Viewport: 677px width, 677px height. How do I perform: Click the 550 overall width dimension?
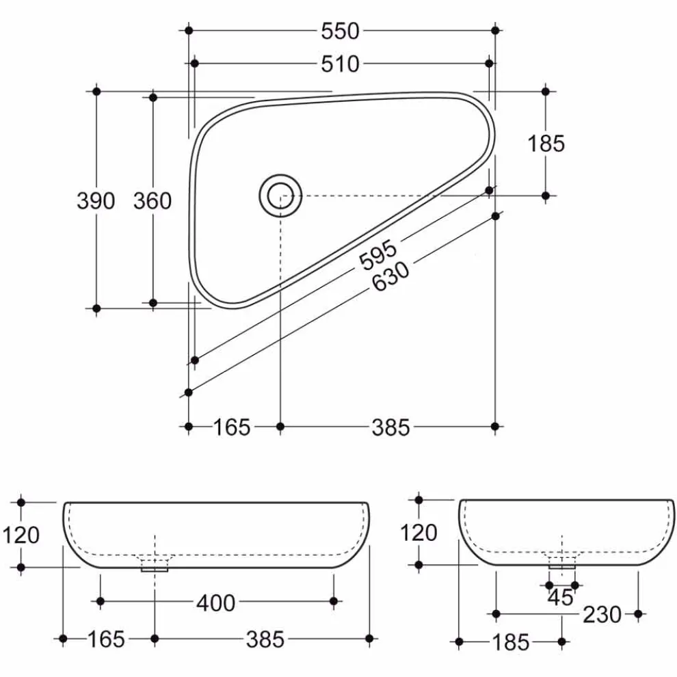tap(340, 31)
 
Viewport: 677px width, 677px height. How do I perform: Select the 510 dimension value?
tap(340, 64)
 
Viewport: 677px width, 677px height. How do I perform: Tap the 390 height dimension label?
tap(96, 201)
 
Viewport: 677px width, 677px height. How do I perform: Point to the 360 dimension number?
tap(152, 201)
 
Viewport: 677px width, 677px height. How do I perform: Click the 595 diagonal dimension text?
tap(378, 254)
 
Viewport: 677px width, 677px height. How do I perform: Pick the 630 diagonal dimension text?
tap(390, 276)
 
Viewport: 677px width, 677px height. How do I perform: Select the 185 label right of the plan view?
tap(546, 144)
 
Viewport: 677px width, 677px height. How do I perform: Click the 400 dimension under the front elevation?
tap(216, 602)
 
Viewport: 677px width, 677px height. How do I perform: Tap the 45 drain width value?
tap(561, 598)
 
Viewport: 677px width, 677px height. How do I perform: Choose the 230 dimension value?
tap(602, 614)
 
